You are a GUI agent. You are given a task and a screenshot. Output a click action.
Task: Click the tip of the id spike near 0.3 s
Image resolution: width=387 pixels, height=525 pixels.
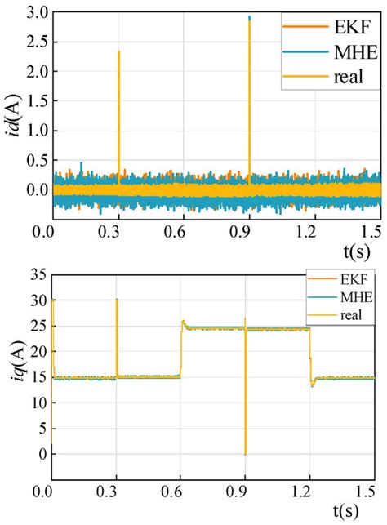point(119,52)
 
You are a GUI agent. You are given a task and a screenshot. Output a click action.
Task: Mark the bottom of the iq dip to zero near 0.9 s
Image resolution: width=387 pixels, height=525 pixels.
point(245,453)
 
